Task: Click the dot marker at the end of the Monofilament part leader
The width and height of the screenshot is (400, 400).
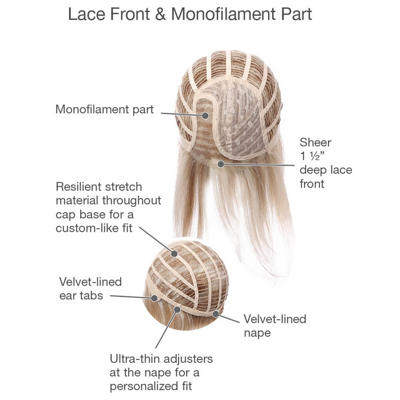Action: (205, 116)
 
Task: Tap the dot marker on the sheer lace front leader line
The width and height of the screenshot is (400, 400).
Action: (221, 164)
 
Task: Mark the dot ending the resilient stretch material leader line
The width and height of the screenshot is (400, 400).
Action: (174, 254)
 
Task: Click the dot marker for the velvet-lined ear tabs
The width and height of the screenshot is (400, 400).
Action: (154, 298)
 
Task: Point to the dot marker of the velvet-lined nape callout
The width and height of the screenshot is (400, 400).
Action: (216, 314)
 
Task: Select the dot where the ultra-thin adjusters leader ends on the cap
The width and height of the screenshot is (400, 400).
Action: (177, 310)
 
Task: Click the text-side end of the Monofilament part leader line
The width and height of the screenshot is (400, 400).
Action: (161, 113)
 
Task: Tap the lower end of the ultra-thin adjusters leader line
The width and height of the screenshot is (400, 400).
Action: (156, 348)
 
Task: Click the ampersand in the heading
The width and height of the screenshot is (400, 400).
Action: (160, 14)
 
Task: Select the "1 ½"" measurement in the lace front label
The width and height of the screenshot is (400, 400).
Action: (312, 156)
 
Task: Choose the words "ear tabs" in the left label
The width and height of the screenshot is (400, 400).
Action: (81, 296)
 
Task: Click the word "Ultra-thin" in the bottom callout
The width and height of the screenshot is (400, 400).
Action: (135, 359)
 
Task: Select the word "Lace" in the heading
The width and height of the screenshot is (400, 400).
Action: (86, 14)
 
